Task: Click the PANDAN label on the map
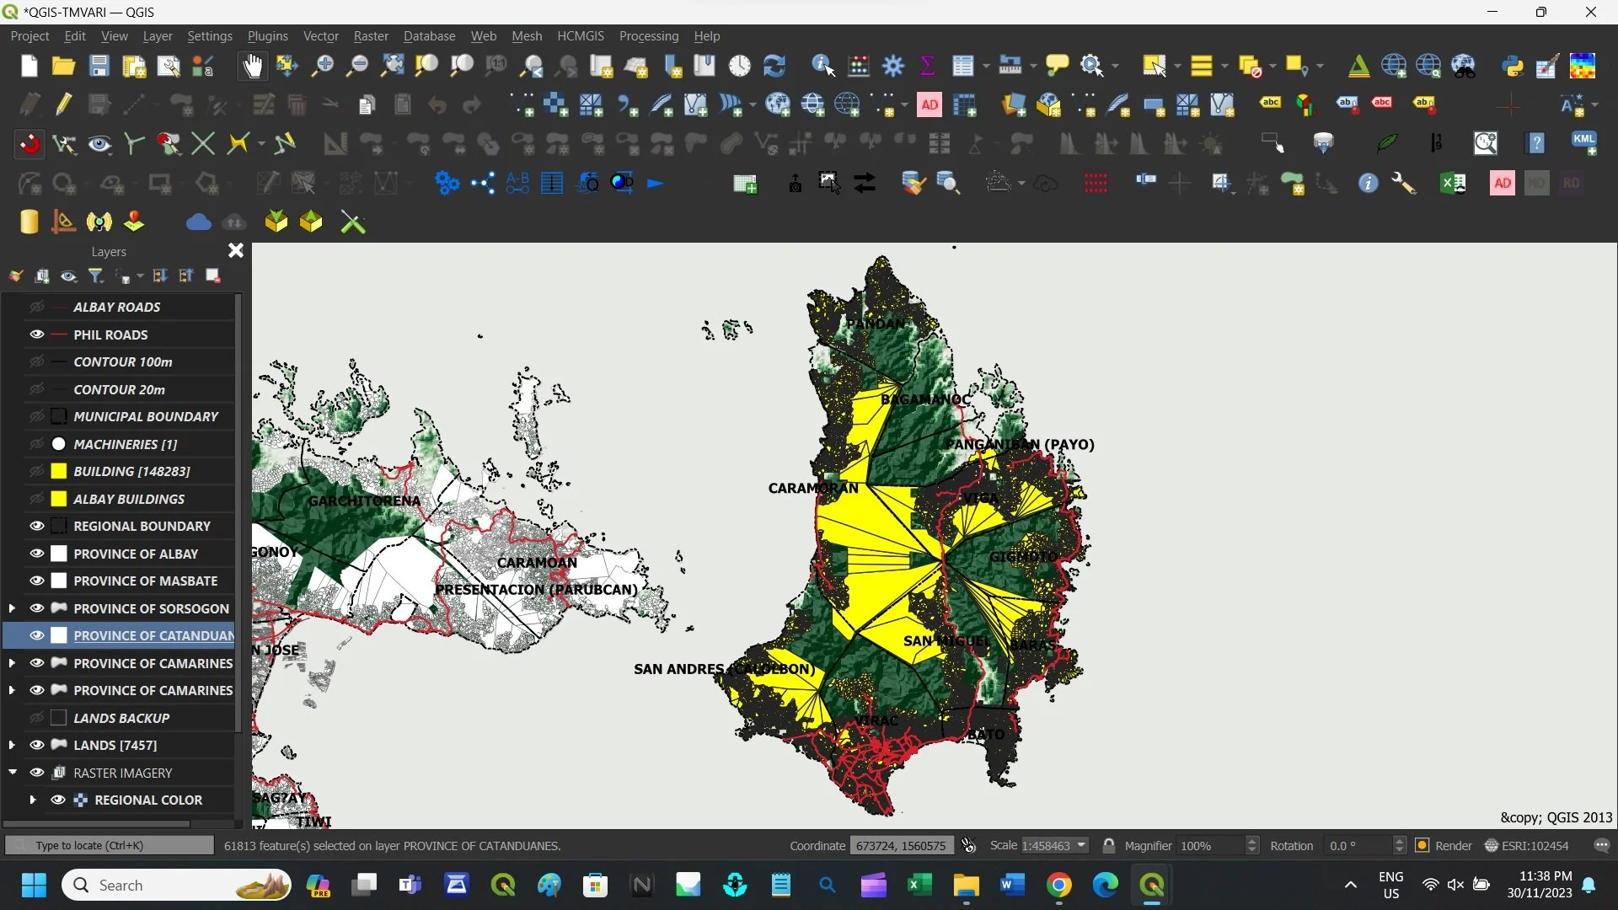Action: (875, 324)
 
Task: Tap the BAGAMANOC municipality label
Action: (925, 399)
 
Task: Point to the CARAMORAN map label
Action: (813, 489)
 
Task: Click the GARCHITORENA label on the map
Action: (364, 500)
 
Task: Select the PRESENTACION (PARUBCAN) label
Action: (536, 590)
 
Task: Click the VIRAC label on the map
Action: (876, 721)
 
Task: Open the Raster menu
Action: (371, 36)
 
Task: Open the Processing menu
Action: (648, 36)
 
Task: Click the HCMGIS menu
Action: (581, 36)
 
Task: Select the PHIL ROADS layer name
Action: (110, 335)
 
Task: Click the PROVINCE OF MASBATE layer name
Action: (145, 581)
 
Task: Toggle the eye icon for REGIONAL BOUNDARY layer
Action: (37, 526)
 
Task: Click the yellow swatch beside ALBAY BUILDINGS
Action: (59, 499)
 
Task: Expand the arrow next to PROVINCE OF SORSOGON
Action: (12, 608)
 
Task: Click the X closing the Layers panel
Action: (236, 251)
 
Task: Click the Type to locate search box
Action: (110, 845)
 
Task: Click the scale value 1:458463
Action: (1046, 846)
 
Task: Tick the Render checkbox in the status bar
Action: (1422, 846)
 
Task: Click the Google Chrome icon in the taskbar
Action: (1059, 885)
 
